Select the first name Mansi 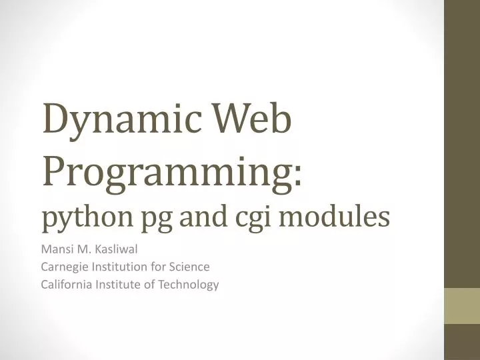pos(56,250)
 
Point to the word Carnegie pos(64,267)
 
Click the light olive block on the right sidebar pos(462,305)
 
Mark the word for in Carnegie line pos(156,267)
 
